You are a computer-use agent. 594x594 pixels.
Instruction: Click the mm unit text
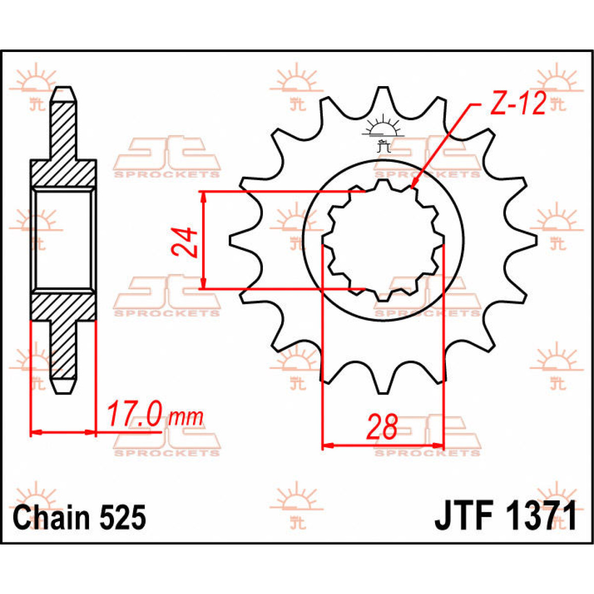(x=186, y=417)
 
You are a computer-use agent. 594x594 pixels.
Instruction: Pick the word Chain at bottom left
(x=52, y=517)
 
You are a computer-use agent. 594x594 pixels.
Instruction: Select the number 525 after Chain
(x=124, y=517)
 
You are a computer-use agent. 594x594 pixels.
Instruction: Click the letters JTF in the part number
(x=463, y=516)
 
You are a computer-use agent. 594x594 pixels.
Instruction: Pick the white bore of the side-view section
(x=63, y=240)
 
